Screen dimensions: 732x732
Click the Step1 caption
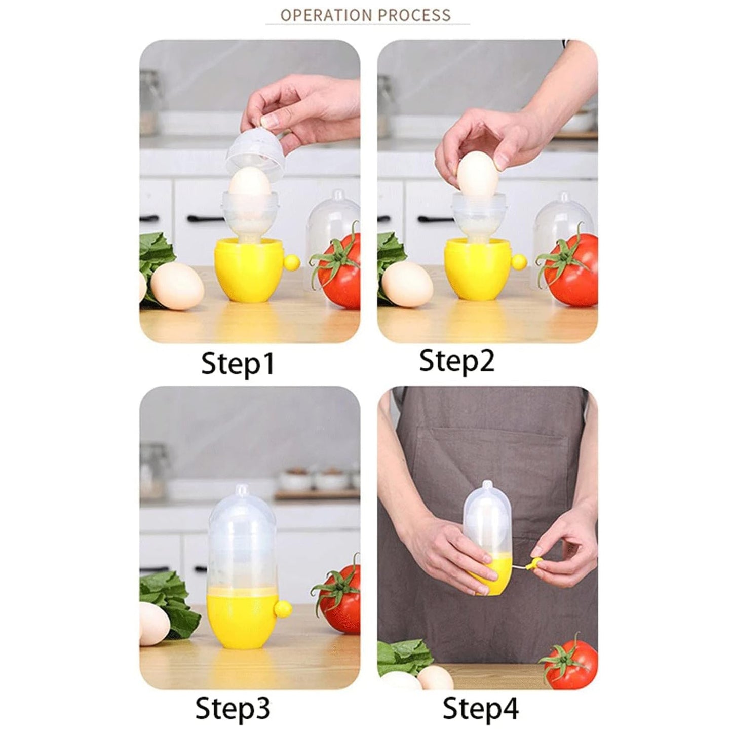pyautogui.click(x=238, y=364)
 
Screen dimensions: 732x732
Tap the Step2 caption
pyautogui.click(x=456, y=362)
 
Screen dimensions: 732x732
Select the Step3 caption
pyautogui.click(x=233, y=708)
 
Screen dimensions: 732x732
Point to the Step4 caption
pyautogui.click(x=480, y=708)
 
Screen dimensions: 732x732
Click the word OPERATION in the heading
pyautogui.click(x=323, y=15)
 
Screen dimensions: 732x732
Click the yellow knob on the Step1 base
pyautogui.click(x=292, y=262)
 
